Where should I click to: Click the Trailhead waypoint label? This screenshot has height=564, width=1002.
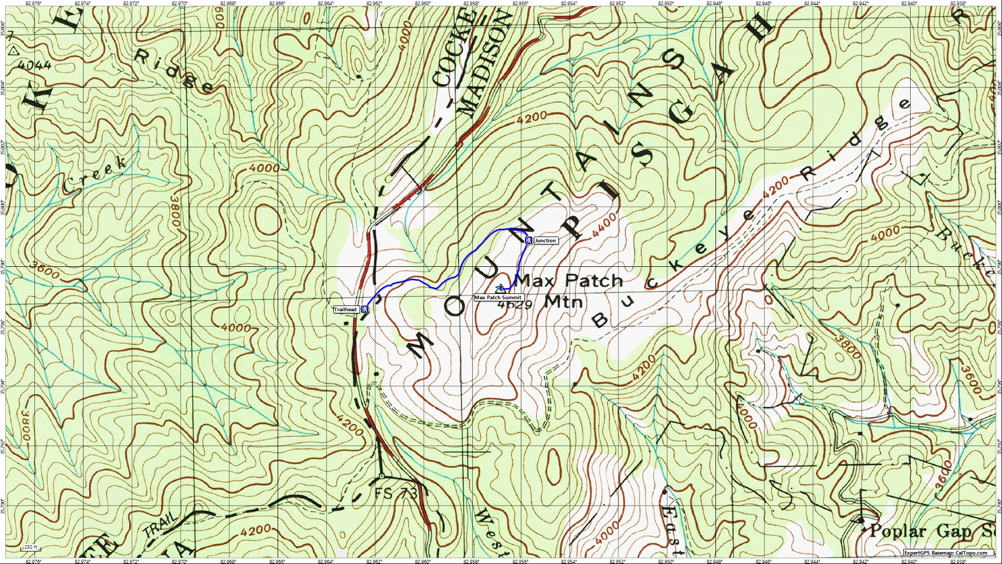coord(345,310)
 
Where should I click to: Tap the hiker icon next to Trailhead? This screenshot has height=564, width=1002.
coord(365,309)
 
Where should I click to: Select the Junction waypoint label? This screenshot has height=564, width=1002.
coord(545,241)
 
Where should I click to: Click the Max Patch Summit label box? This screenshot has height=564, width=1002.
coord(498,298)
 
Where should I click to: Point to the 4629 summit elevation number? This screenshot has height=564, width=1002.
coord(515,304)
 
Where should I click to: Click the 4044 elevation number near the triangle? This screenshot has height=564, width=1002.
coord(34,65)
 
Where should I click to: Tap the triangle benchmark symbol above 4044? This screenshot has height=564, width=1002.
coord(14,51)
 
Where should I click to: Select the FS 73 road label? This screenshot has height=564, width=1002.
coord(396,493)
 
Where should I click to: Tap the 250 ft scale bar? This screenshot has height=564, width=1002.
coord(30,547)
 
